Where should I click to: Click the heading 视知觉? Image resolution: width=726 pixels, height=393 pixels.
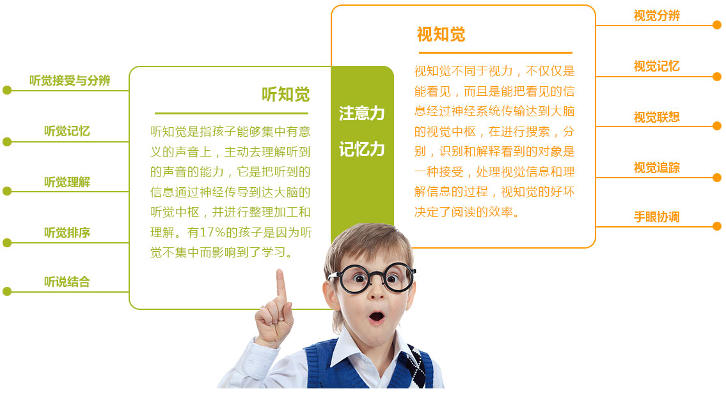[x=441, y=35]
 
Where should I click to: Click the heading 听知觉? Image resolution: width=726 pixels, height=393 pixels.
[x=286, y=95]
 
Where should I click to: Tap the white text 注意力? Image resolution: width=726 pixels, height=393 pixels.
[x=361, y=113]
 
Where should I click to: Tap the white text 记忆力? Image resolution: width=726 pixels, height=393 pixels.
[x=361, y=150]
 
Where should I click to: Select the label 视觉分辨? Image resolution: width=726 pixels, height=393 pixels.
[x=656, y=16]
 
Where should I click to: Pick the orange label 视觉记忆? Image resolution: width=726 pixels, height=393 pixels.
[x=656, y=66]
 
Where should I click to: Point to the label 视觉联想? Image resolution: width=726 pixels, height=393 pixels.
[x=656, y=117]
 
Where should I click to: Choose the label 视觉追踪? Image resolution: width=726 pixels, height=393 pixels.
[x=656, y=167]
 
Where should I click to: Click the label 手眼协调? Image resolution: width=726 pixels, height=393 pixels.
[x=656, y=217]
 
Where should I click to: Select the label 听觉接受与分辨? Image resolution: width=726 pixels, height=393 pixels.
[x=70, y=81]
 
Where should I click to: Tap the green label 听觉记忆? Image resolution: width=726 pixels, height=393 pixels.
[x=67, y=131]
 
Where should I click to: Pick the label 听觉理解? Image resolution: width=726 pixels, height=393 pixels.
[x=67, y=181]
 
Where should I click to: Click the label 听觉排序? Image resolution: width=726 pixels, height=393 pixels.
[x=67, y=232]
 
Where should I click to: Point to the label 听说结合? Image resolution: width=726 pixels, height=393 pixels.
[x=67, y=282]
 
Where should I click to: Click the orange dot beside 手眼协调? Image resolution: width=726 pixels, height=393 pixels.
[x=717, y=226]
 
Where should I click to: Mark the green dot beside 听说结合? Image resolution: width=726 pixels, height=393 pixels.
[x=7, y=291]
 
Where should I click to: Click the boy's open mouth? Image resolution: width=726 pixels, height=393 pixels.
[x=376, y=317]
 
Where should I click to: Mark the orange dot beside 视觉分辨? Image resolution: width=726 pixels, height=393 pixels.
[x=717, y=25]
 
